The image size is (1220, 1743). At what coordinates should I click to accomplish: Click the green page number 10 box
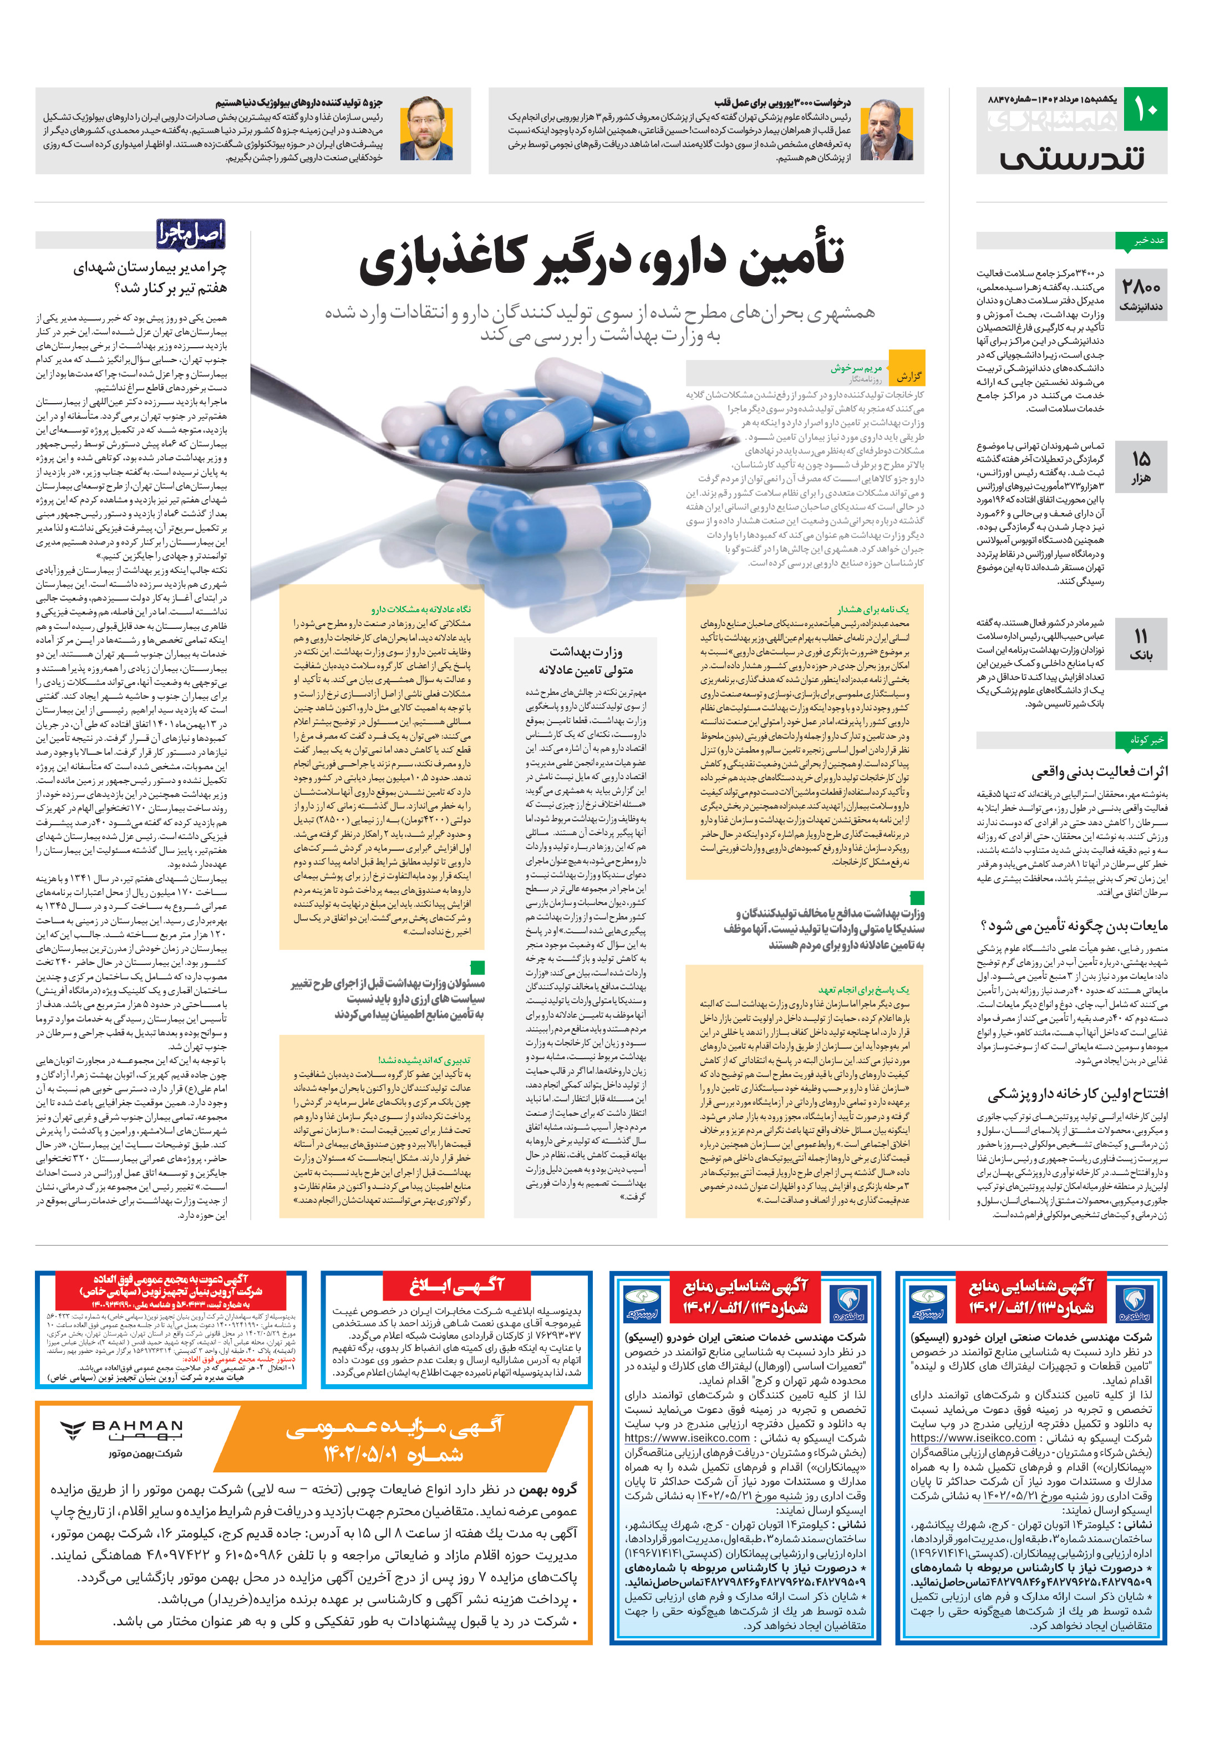coord(1144,110)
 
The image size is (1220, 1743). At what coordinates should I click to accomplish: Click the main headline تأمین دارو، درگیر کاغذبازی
coord(601,259)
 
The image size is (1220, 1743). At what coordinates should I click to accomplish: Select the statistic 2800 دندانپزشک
coord(1141,294)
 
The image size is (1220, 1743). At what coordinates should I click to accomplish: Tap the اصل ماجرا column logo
coord(191,235)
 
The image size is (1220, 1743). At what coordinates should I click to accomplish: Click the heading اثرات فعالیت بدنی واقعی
coord(1099,771)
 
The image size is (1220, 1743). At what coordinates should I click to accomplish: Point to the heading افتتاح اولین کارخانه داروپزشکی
coord(1077,1094)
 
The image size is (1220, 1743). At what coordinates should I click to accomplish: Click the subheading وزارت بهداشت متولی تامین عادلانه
coord(586,660)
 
